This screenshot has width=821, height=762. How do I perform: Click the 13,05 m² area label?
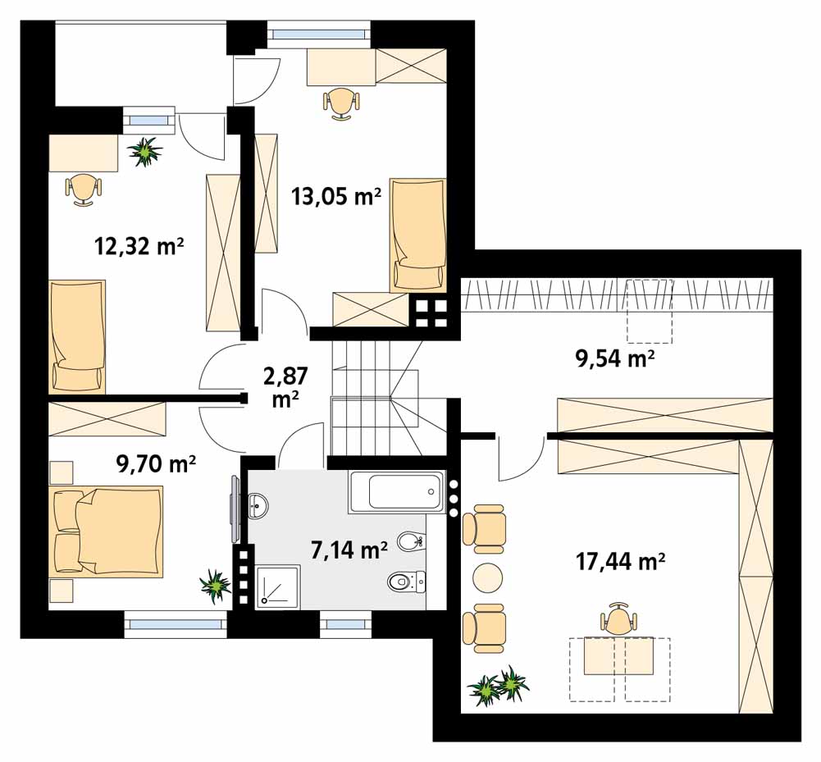(x=336, y=198)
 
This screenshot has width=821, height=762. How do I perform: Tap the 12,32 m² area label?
(x=139, y=245)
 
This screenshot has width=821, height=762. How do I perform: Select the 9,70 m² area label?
(x=156, y=463)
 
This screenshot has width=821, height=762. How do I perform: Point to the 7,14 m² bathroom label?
(x=349, y=550)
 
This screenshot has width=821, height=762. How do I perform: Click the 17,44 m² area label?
(x=620, y=562)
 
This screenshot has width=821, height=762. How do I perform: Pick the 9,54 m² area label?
(x=615, y=358)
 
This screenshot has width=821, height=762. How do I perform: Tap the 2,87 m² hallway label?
(x=286, y=386)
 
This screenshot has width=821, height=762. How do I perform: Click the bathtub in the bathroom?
(x=397, y=491)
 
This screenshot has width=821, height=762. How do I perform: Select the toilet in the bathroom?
(x=406, y=581)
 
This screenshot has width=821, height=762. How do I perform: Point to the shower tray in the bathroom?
(x=278, y=586)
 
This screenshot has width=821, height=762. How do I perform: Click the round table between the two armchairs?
(x=487, y=577)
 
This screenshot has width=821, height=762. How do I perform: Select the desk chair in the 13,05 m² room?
(x=341, y=104)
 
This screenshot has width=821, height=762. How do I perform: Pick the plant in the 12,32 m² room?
(x=145, y=152)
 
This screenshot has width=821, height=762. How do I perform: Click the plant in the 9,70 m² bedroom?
(x=215, y=585)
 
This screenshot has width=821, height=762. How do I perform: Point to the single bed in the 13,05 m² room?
(x=417, y=235)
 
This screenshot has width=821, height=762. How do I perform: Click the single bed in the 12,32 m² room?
(x=77, y=337)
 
